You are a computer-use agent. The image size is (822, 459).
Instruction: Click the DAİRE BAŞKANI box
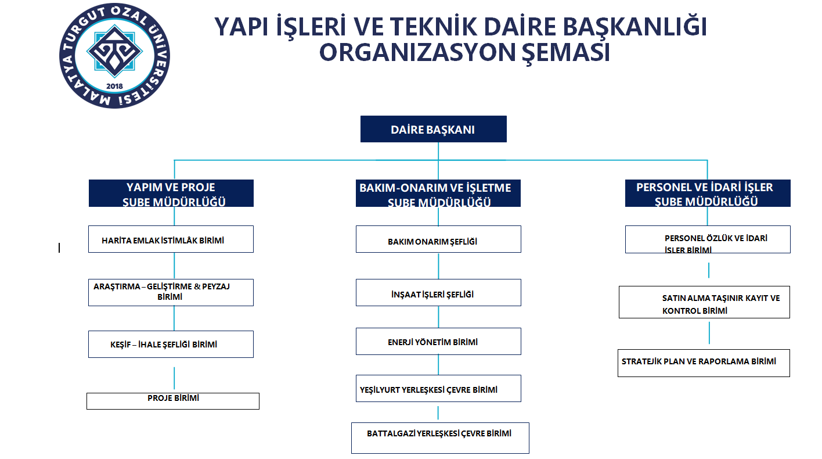point(434,129)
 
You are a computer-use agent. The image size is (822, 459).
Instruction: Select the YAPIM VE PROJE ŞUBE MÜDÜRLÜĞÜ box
point(171,193)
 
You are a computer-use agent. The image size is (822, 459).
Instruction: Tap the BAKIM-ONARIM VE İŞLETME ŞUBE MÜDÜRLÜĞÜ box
point(438,193)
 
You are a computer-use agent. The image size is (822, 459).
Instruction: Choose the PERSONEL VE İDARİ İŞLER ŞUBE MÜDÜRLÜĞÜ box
point(708,193)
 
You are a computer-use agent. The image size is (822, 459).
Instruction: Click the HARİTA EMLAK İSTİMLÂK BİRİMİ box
point(171,239)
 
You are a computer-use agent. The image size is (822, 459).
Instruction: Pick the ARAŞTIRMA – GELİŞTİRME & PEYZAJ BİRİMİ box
point(171,293)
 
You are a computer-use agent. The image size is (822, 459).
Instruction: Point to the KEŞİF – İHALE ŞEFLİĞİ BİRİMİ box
point(171,345)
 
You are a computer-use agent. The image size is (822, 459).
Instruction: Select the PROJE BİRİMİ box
point(173,401)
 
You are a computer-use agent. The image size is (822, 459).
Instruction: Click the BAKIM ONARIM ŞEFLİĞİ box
point(438,239)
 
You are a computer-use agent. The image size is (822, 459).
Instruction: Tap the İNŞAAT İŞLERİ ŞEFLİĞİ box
point(438,293)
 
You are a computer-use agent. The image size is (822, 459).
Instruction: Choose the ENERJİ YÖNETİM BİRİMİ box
point(438,342)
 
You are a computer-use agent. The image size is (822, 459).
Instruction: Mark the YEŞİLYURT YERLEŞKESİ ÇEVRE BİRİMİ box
point(438,389)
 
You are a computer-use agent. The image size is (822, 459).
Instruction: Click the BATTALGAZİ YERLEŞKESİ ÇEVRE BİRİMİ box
point(440,438)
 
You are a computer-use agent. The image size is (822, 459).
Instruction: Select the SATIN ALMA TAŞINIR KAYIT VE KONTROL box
point(704,302)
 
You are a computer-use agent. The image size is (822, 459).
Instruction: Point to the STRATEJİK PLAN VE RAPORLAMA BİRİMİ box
point(704,363)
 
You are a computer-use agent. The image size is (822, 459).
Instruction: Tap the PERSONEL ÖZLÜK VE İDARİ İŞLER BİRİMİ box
point(708,239)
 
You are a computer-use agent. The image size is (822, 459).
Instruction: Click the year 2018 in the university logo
point(114,87)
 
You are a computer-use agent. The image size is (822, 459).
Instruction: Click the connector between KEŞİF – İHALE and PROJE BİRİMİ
point(174,378)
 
